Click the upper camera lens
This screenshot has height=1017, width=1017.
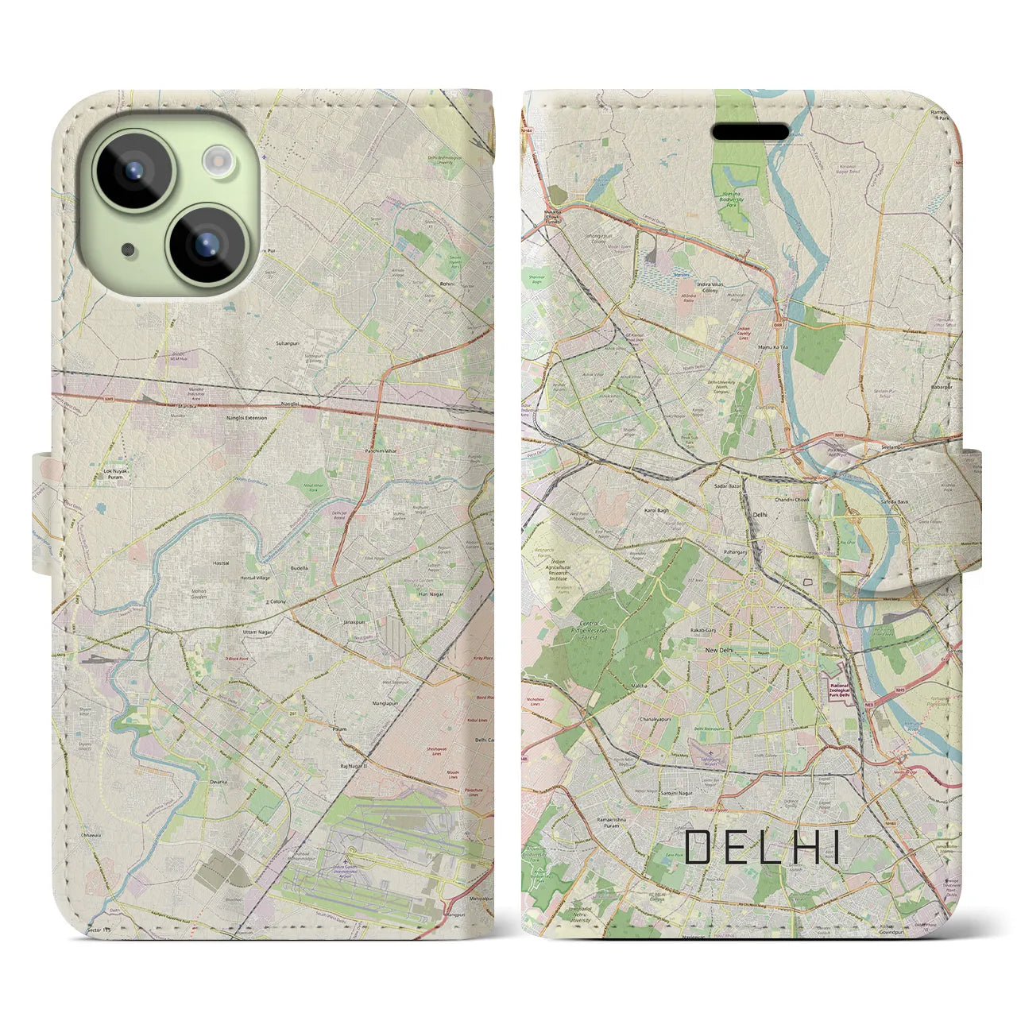point(133,169)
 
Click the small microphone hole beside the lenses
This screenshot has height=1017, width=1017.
point(128,249)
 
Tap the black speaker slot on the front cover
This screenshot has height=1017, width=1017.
point(749,131)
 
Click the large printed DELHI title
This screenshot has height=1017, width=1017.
point(761,847)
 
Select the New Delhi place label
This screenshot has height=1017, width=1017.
point(719,650)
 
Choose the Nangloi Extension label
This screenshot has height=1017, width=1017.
point(247,417)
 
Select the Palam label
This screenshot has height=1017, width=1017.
point(340,725)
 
